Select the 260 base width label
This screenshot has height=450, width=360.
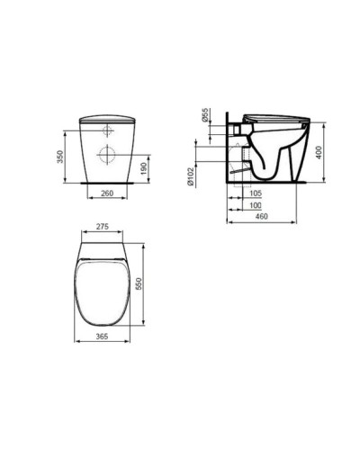pos(107,193)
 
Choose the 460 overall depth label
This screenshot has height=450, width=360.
pos(258,217)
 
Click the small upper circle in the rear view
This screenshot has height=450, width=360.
pos(107,131)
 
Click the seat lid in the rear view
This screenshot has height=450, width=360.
pos(107,118)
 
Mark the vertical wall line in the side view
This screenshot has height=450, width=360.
pos(220,153)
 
